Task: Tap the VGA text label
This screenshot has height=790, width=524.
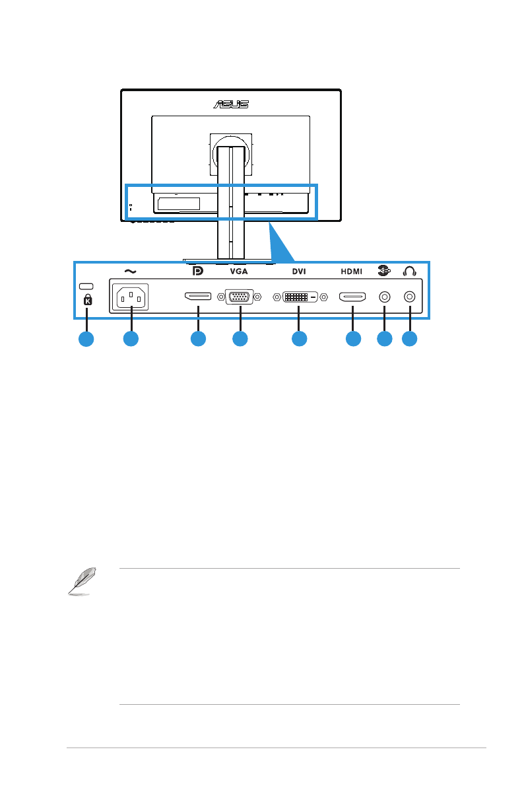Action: pos(240,271)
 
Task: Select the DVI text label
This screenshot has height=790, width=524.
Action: pos(300,271)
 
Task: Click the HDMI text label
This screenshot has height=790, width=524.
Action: pos(352,271)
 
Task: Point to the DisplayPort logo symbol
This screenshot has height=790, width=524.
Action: pos(197,271)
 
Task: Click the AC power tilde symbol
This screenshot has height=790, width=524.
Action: pos(130,271)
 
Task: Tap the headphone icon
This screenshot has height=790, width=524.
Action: pos(410,271)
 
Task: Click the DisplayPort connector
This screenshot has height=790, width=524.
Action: pos(197,297)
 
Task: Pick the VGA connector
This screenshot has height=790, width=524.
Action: pos(240,297)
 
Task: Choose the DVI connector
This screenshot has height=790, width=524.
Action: pos(300,297)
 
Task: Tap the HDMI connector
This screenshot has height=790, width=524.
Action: pos(352,297)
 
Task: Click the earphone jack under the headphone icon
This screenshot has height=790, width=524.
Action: pos(410,297)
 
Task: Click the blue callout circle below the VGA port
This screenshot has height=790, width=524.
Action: pos(240,339)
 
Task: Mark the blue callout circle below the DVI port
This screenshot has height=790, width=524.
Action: pos(300,339)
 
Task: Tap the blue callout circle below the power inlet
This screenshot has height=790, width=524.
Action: pos(131,339)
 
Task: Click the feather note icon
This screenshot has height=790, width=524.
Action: pos(81,582)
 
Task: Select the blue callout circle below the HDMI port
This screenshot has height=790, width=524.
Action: pos(353,339)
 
